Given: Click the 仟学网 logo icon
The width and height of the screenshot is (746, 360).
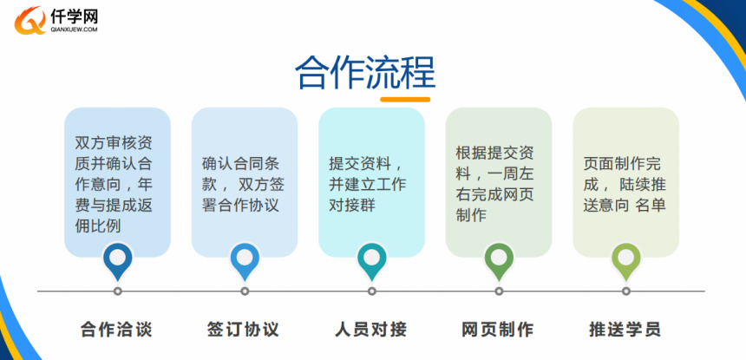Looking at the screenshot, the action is coord(30,21).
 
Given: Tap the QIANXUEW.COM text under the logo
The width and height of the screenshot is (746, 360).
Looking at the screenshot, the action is coord(74,29).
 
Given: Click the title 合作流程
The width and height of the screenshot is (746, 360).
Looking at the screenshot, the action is coord(365,73).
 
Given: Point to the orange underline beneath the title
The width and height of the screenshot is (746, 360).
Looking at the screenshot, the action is coord(405,100).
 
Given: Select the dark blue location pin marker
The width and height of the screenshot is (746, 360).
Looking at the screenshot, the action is coord(117,261).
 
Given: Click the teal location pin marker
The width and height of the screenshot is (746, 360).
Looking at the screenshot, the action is coord(372,261).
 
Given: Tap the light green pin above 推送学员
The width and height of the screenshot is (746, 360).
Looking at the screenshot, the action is coord(626,261).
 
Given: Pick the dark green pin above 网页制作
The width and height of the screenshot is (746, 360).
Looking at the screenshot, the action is coord(499,261).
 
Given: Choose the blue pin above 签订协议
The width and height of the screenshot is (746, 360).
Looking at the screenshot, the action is coord(245,261).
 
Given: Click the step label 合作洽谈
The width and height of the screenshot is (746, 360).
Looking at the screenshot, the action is coord(116,329).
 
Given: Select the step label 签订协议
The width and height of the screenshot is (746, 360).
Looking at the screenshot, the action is coord(243,329).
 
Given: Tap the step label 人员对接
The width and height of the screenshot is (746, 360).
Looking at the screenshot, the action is coord(371,329).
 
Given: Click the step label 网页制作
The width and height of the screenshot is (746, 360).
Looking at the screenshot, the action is coord(498,329).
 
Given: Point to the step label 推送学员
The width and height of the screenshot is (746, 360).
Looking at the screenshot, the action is coord(625,329).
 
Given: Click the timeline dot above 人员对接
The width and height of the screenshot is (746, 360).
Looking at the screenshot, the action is coord(372,291).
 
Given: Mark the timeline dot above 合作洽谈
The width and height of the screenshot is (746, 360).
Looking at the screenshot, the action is coord(117,291).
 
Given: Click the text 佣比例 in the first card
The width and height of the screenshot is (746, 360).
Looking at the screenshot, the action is coord(98,226).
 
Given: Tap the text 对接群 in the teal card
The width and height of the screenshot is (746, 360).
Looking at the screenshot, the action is coord(352,205).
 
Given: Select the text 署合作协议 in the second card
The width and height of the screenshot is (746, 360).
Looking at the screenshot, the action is coord(240,205).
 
